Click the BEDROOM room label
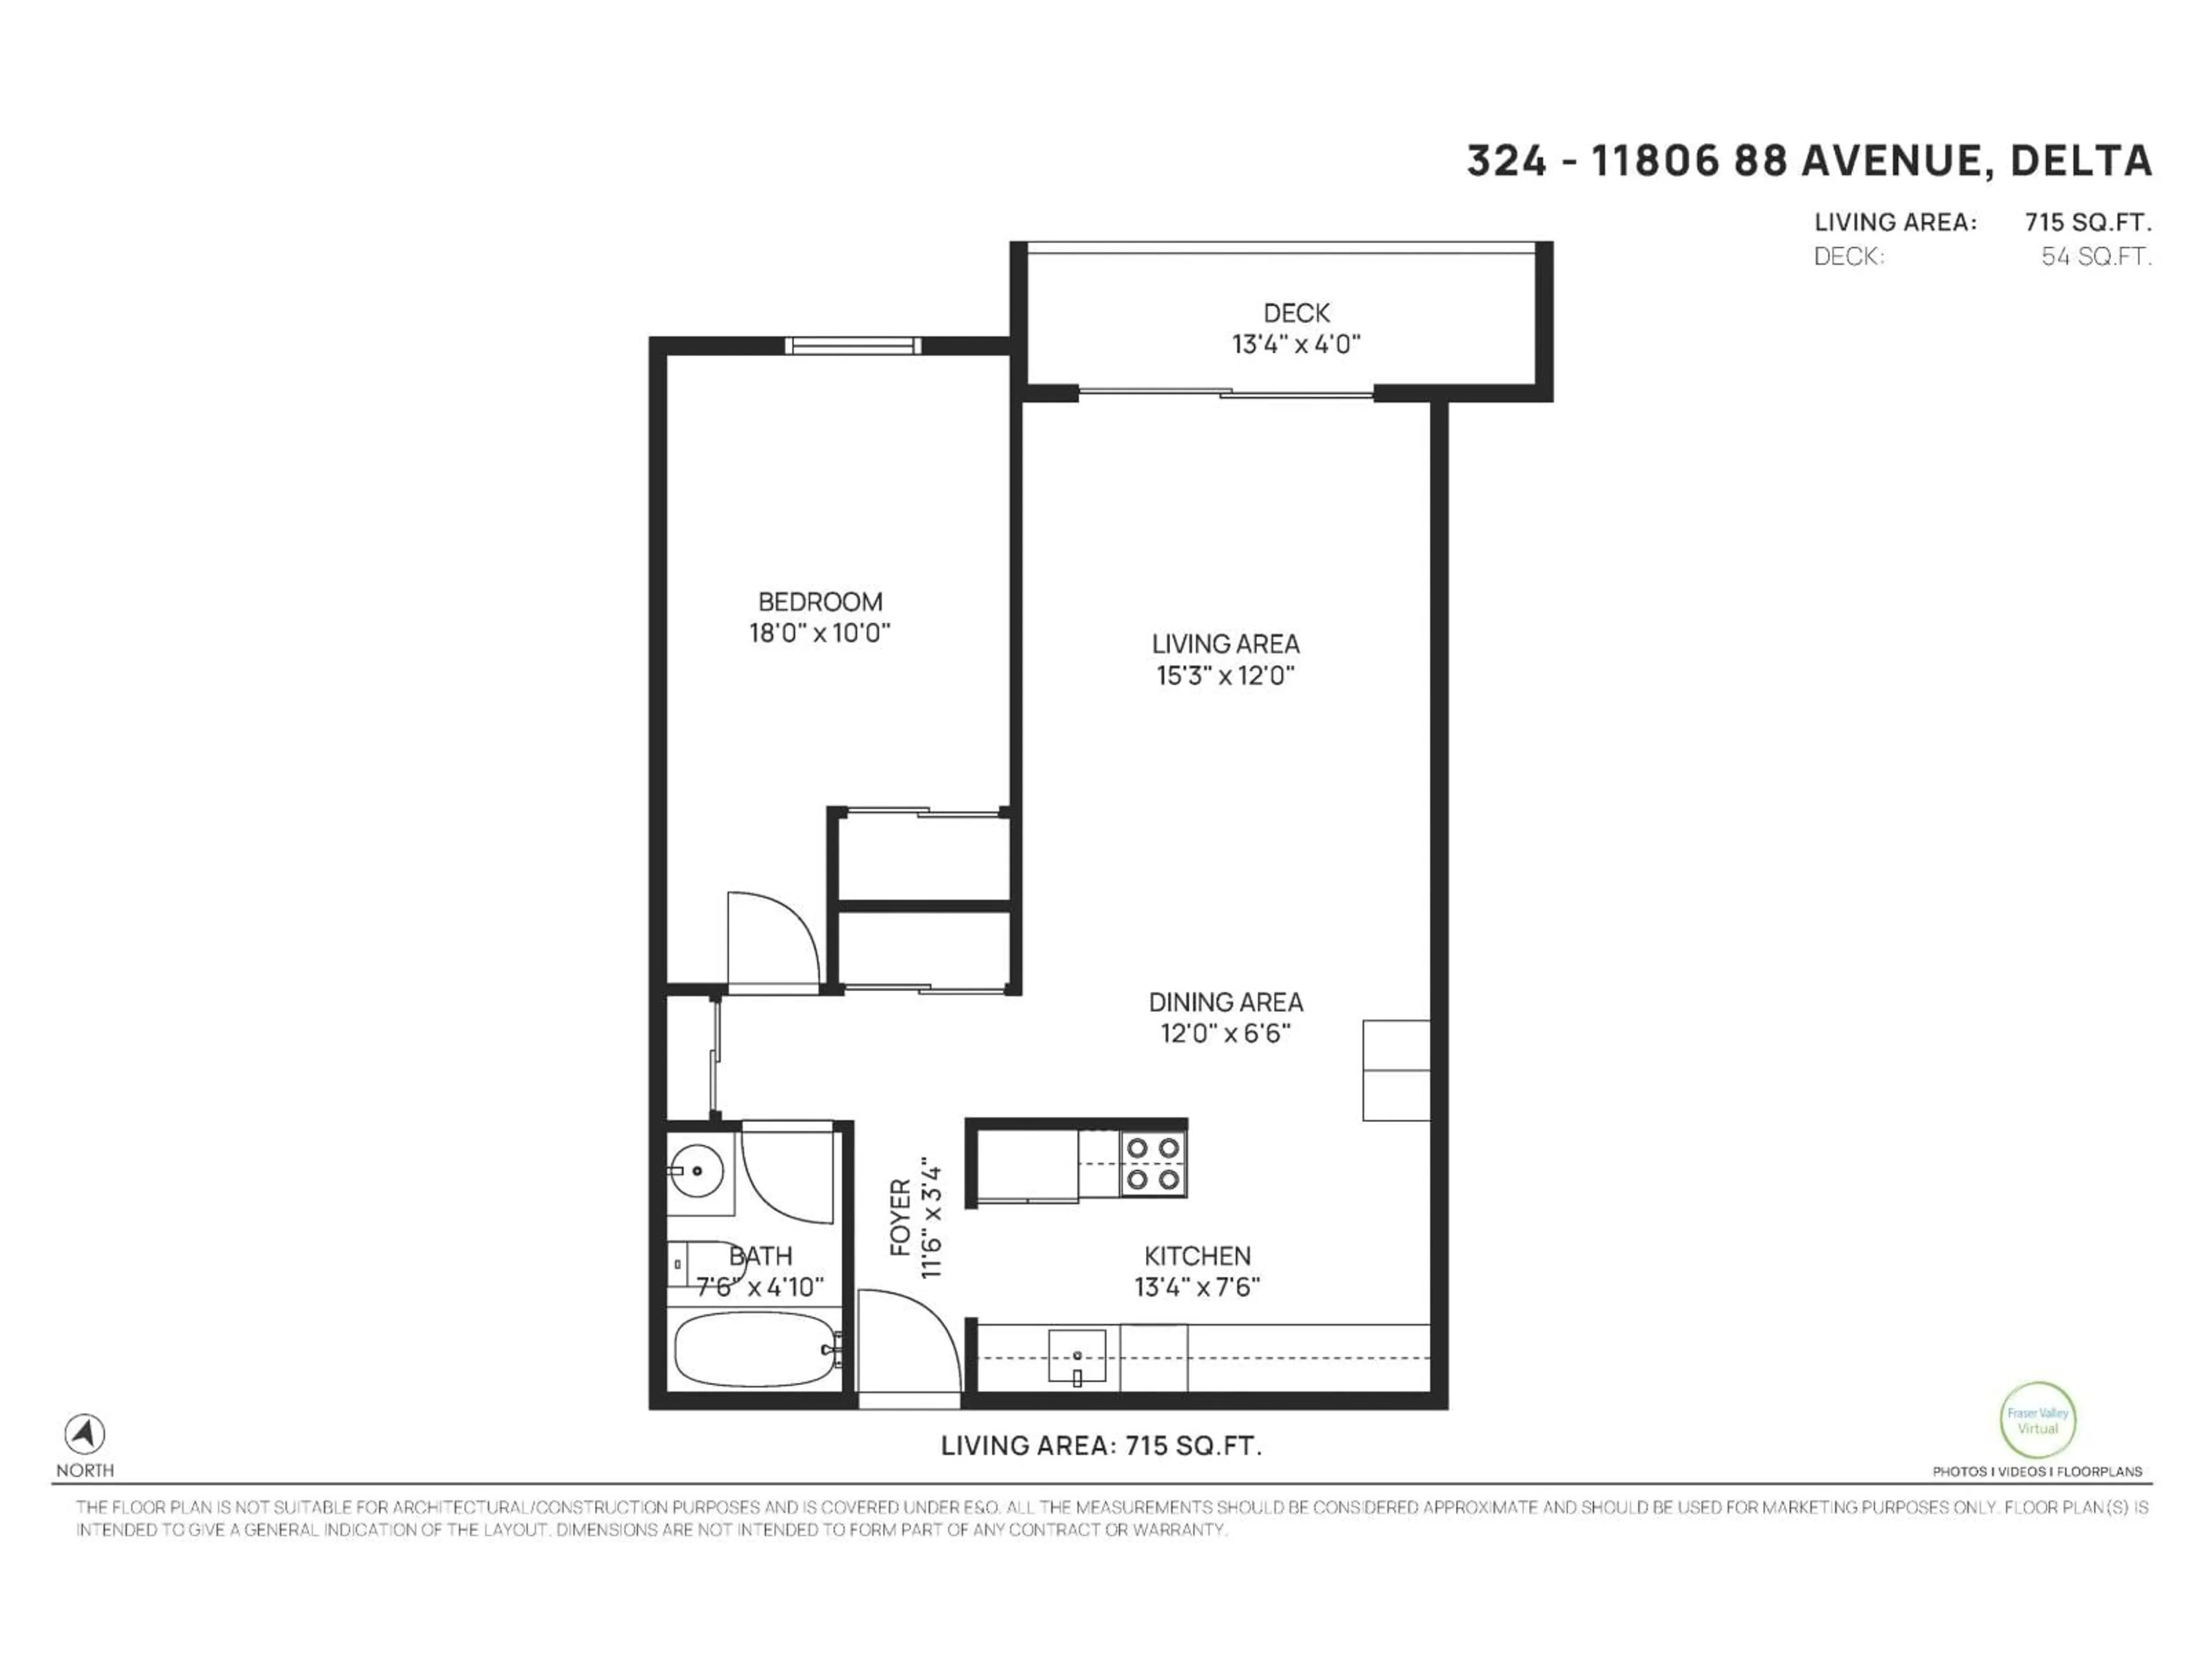[x=820, y=602]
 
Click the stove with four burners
[x=1153, y=1165]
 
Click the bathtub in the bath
[x=755, y=1349]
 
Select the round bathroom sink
[x=696, y=1171]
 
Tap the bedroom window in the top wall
[x=852, y=346]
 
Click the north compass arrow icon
[x=85, y=1434]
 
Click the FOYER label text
[x=900, y=1217]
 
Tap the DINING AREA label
[x=1225, y=1002]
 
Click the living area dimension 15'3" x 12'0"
[x=1225, y=676]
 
